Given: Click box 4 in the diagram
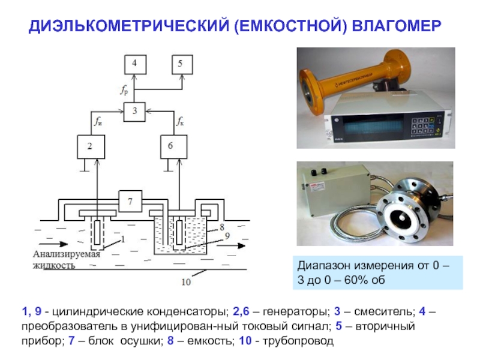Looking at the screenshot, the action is (x=134, y=63).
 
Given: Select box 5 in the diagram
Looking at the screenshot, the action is (x=181, y=63).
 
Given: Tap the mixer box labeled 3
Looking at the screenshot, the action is (x=134, y=110).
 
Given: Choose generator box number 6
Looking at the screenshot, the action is (x=170, y=146).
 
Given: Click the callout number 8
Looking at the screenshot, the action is (x=221, y=227).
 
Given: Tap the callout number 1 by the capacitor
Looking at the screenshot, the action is (x=122, y=239).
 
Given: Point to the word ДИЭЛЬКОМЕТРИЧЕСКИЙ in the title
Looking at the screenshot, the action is (x=130, y=26).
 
